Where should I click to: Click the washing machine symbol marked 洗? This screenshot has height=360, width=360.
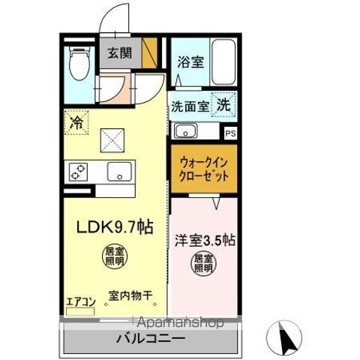[x=223, y=105]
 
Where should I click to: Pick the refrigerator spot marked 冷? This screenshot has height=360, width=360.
[x=76, y=120]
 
